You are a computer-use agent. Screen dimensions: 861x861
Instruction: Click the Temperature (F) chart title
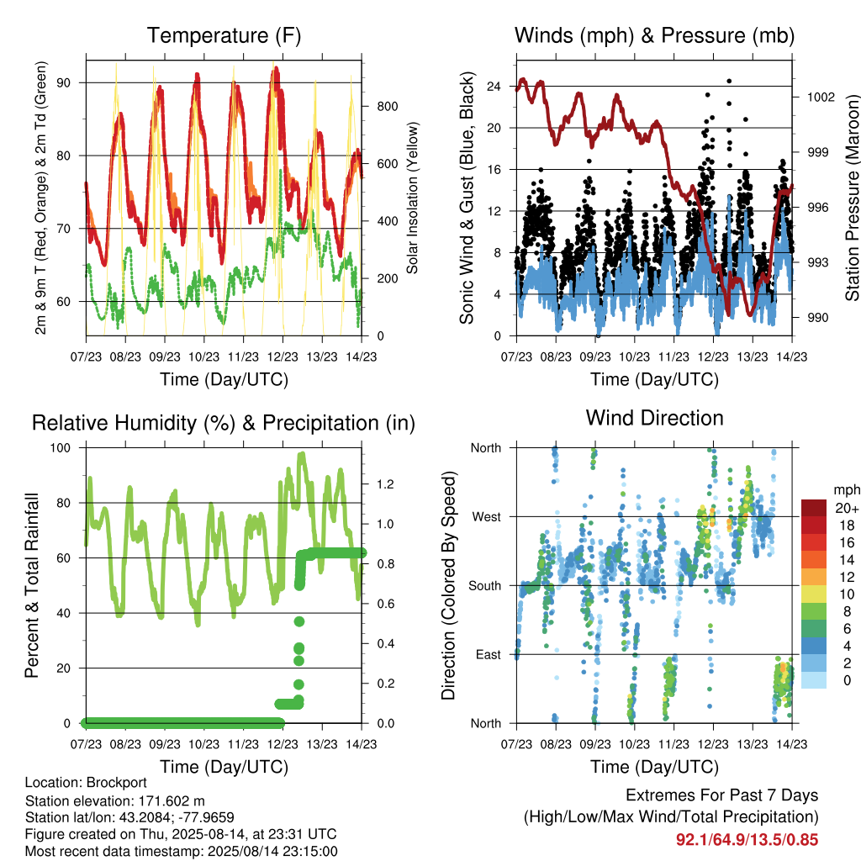[x=224, y=35]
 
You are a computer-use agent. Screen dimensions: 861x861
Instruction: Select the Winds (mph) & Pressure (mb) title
[x=654, y=35]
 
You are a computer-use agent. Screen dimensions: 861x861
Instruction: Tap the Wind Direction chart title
[x=654, y=418]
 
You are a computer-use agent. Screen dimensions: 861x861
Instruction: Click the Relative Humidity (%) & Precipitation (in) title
[x=224, y=424]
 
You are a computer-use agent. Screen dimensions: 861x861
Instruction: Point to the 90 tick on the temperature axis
[x=64, y=83]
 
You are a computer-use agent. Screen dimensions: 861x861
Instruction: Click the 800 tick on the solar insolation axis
[x=387, y=107]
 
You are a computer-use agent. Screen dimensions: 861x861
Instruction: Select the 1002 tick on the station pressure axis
[x=821, y=98]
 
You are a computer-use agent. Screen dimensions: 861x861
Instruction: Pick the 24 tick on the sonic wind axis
[x=494, y=87]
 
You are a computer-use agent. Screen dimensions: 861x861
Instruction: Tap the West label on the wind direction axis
[x=487, y=517]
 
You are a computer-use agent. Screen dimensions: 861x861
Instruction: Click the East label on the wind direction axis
[x=489, y=654]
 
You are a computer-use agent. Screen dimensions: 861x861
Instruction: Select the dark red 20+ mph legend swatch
[x=813, y=508]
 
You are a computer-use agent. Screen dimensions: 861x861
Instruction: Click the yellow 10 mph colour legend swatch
[x=813, y=594]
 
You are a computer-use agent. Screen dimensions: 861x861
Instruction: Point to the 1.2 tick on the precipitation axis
[x=385, y=484]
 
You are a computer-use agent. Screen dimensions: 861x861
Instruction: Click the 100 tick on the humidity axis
[x=61, y=448]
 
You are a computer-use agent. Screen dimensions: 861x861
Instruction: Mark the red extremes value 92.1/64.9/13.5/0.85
[x=747, y=840]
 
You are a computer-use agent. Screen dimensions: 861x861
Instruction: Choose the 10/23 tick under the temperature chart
[x=203, y=357]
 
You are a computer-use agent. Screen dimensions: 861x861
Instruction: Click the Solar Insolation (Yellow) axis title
[x=412, y=198]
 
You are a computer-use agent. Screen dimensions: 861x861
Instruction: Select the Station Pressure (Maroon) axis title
[x=852, y=198]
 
